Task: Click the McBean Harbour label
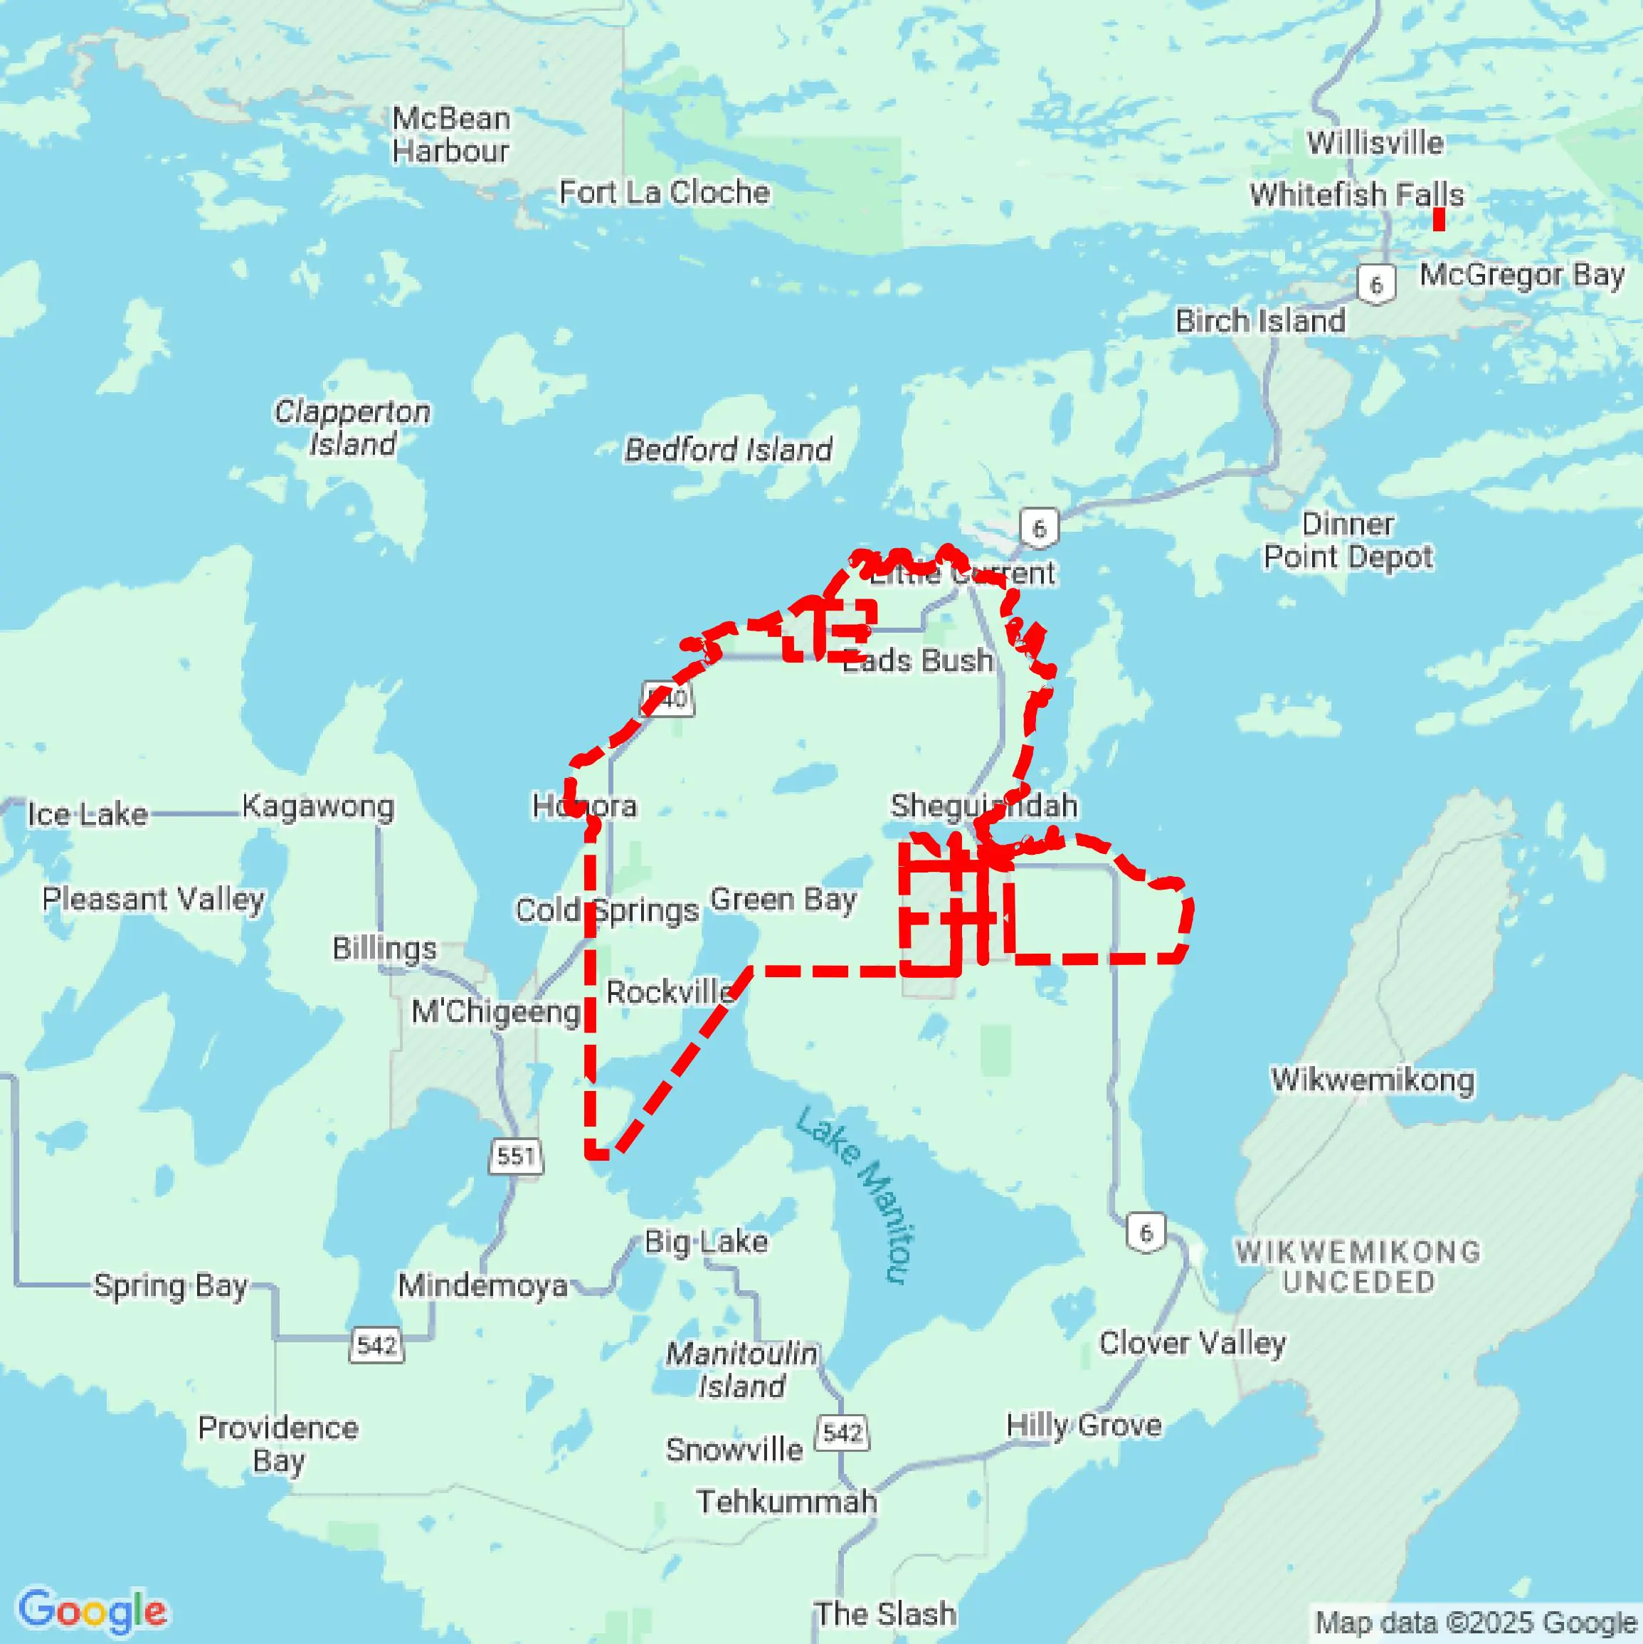pyautogui.click(x=450, y=135)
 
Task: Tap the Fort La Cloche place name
pyautogui.click(x=664, y=192)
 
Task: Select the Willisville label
pyautogui.click(x=1375, y=142)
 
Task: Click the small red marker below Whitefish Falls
pyautogui.click(x=1439, y=219)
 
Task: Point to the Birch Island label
pyautogui.click(x=1260, y=321)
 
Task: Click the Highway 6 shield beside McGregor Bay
pyautogui.click(x=1376, y=284)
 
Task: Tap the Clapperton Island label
pyautogui.click(x=352, y=427)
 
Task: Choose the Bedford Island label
pyautogui.click(x=729, y=449)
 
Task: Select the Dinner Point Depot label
pyautogui.click(x=1348, y=540)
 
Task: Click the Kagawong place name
pyautogui.click(x=318, y=806)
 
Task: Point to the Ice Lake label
pyautogui.click(x=88, y=814)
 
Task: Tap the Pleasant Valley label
pyautogui.click(x=153, y=899)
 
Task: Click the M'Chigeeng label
pyautogui.click(x=496, y=1012)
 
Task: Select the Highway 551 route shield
pyautogui.click(x=516, y=1156)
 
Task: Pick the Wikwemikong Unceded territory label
pyautogui.click(x=1358, y=1266)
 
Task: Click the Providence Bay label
pyautogui.click(x=278, y=1444)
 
